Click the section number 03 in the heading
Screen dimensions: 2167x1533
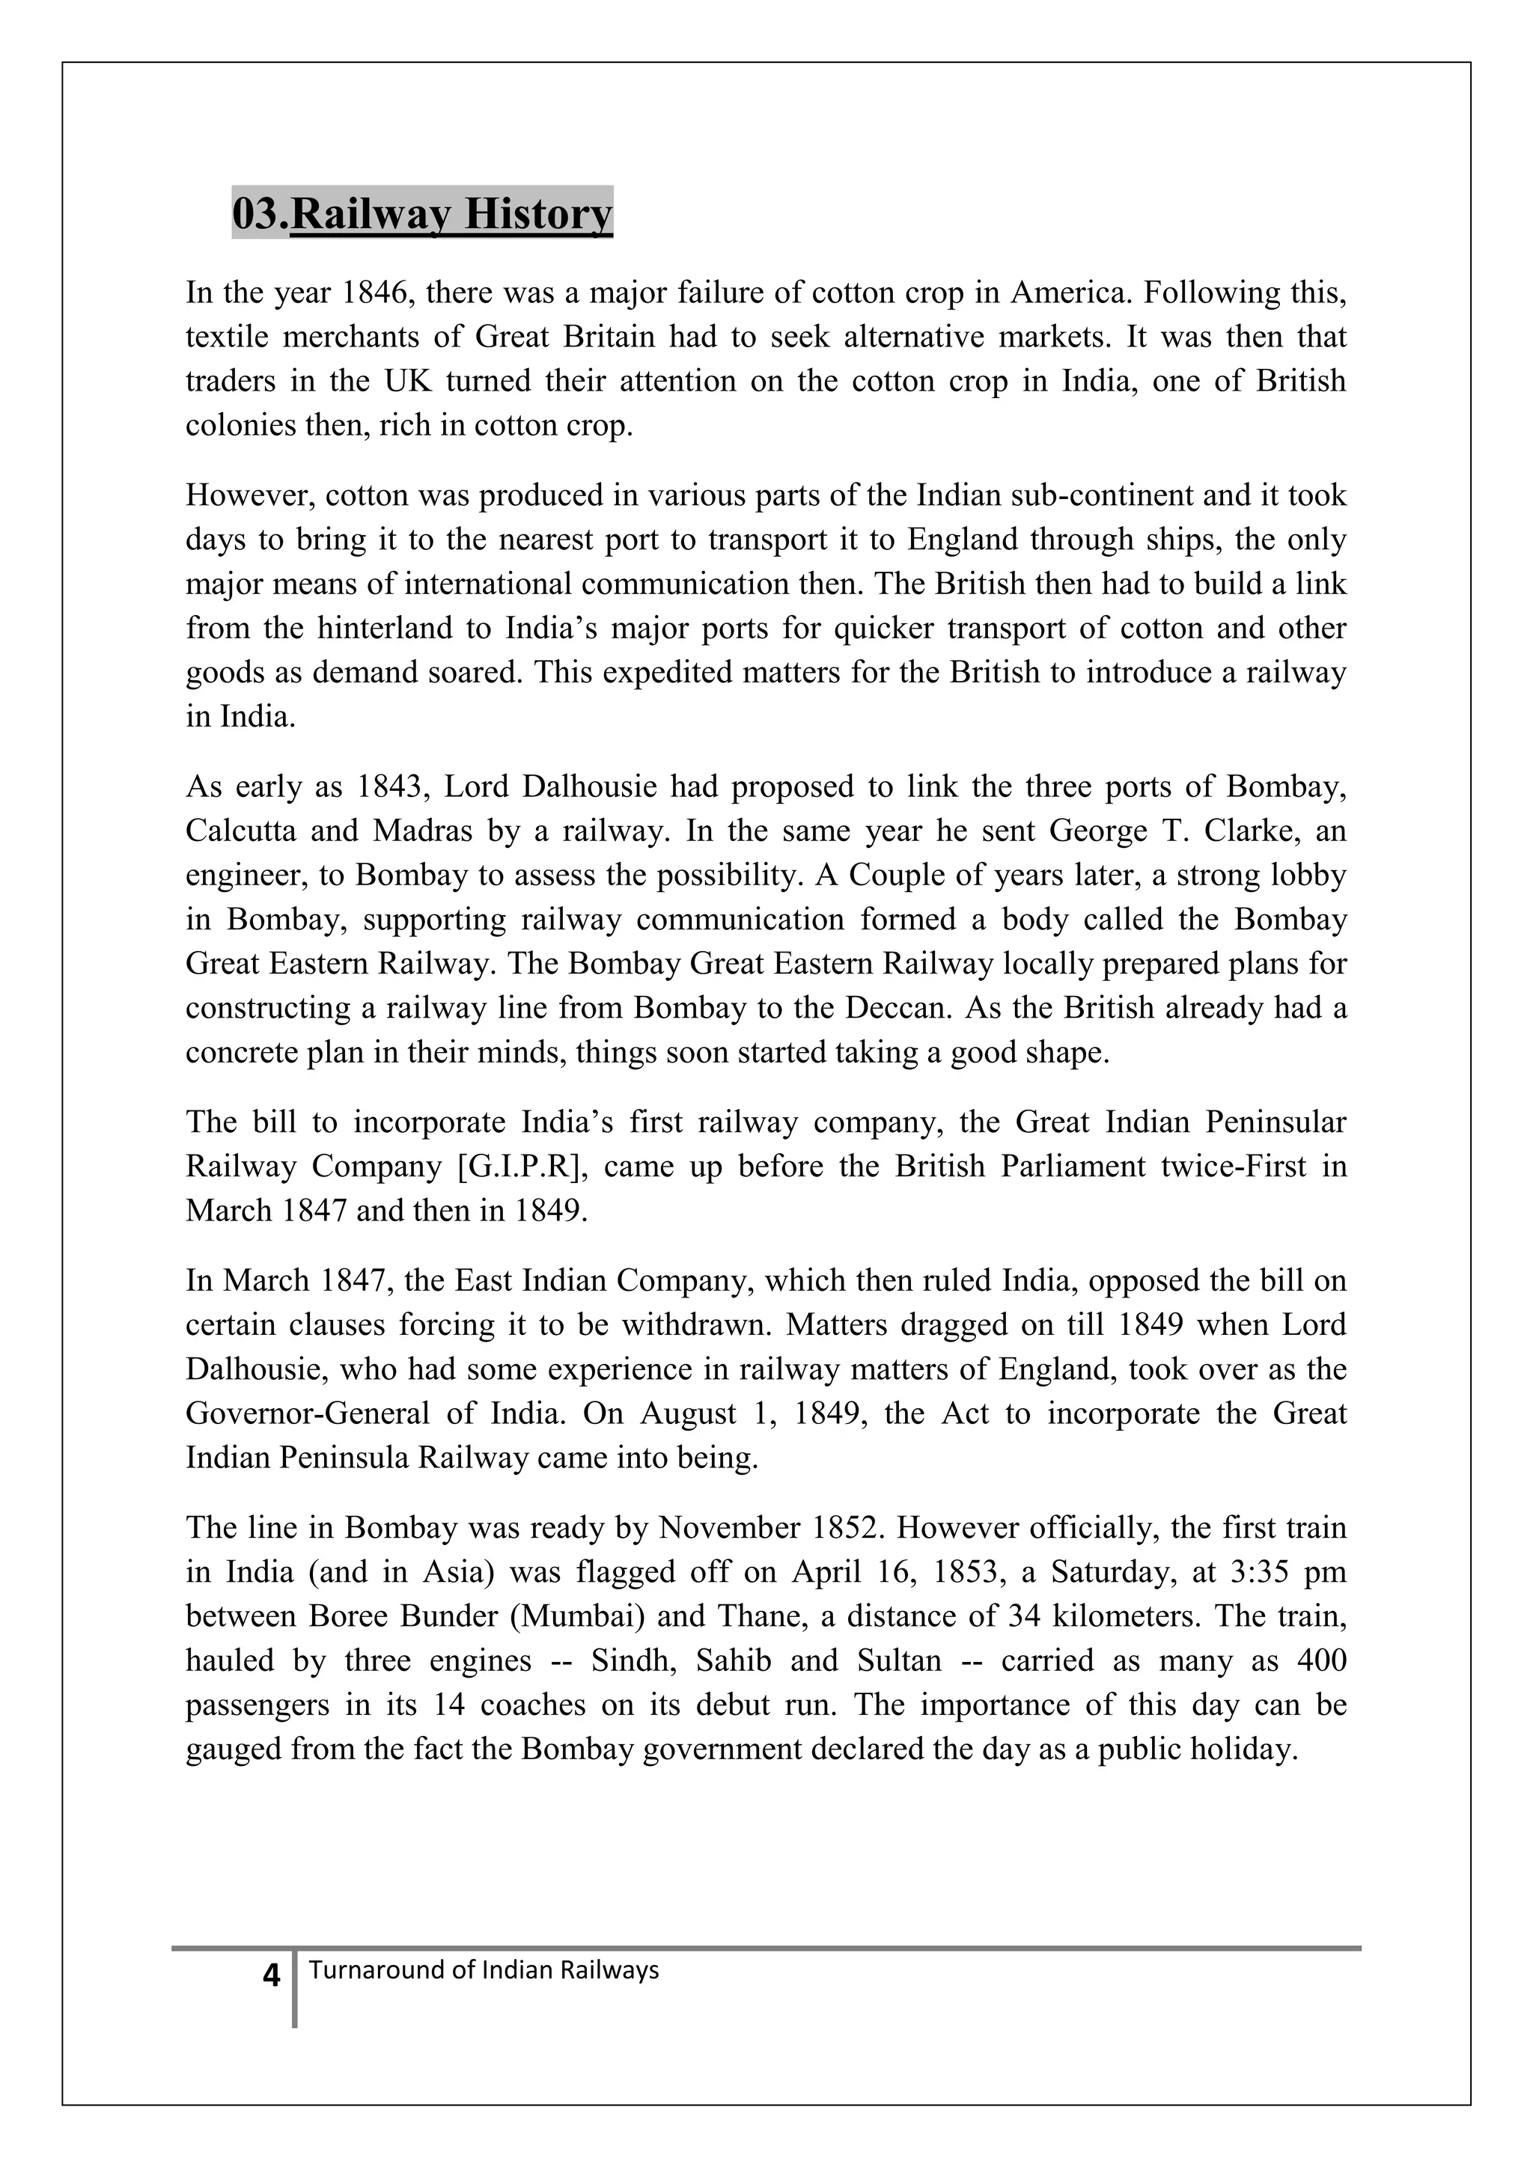(254, 214)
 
